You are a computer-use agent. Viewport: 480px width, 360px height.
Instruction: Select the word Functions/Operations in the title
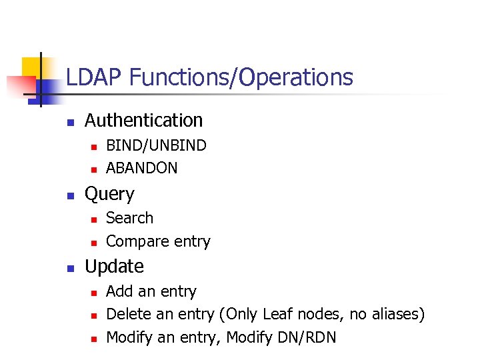pos(241,78)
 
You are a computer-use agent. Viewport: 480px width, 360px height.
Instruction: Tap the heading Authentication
pos(143,121)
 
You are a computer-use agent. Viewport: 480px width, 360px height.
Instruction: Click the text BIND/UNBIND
pos(156,145)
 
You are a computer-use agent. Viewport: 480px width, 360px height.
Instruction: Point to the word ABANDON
pos(142,168)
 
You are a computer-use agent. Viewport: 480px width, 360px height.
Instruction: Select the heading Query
pos(109,194)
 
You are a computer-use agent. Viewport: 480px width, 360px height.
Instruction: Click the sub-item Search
pos(129,218)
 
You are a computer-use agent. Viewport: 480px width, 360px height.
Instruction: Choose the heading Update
pos(114,267)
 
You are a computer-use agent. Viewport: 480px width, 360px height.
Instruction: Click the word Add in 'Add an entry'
pos(119,291)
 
